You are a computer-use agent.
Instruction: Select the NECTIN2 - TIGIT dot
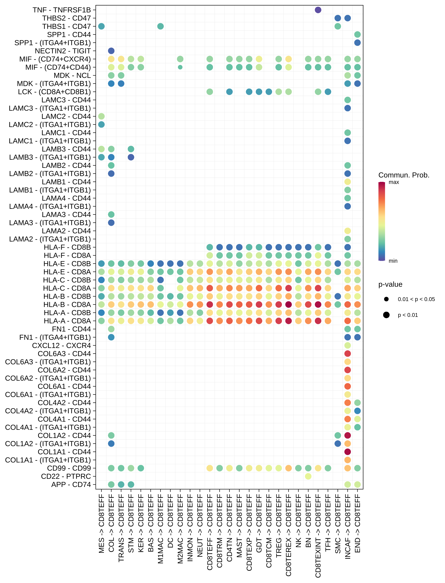click(x=111, y=51)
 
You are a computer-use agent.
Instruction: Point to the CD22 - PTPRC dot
click(x=308, y=476)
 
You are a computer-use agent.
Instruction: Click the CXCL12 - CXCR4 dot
click(x=348, y=345)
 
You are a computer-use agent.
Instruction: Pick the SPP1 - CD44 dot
click(x=357, y=34)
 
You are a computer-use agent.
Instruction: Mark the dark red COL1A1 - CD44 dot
click(x=348, y=452)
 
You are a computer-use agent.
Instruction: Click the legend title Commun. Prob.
click(x=404, y=175)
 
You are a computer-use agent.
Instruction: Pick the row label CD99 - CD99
click(x=69, y=468)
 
